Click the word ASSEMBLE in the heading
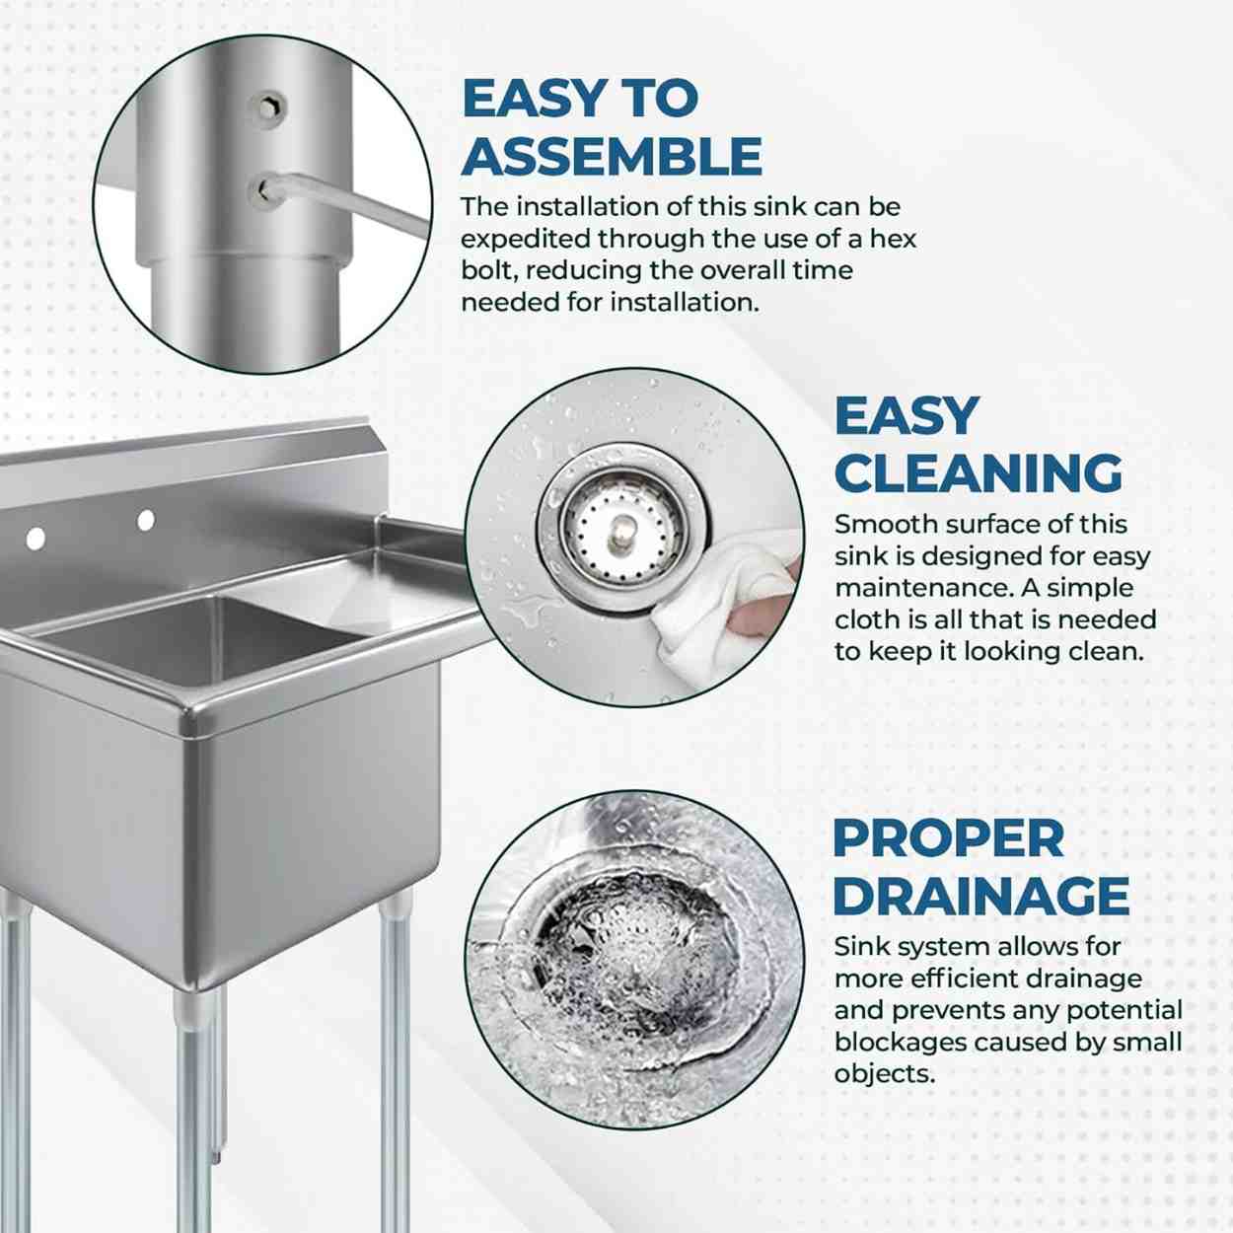(611, 156)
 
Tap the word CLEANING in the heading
(979, 472)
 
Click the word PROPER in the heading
(948, 838)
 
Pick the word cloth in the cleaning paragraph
(864, 619)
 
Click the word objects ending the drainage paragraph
(884, 1073)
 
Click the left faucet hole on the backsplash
(36, 539)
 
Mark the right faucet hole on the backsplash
(146, 520)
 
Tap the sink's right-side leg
(395, 1062)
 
